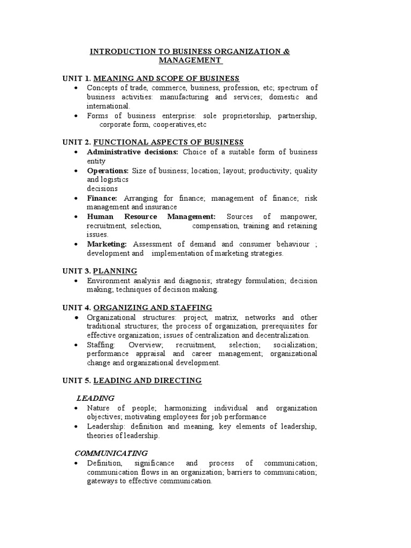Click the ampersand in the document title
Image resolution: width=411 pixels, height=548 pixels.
click(x=286, y=51)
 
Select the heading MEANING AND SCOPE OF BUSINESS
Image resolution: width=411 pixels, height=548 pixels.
click(x=166, y=79)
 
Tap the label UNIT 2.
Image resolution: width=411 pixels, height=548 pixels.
click(x=76, y=142)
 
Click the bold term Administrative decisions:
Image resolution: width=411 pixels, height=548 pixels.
click(x=133, y=151)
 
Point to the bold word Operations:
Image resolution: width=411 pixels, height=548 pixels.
click(x=108, y=171)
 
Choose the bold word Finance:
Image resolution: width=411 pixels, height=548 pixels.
click(x=102, y=198)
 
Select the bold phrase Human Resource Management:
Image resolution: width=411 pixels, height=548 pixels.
click(x=151, y=216)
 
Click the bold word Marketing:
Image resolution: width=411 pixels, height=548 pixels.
click(x=107, y=244)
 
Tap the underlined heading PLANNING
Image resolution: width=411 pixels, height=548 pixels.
click(x=115, y=271)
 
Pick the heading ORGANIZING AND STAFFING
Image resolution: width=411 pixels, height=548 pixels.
click(x=153, y=307)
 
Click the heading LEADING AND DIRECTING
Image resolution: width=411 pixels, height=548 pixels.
click(x=147, y=380)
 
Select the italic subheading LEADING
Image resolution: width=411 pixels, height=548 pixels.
click(x=95, y=398)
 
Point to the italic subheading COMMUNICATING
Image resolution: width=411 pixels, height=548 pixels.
click(x=111, y=453)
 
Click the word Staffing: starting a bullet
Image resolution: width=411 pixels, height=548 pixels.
click(x=101, y=345)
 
